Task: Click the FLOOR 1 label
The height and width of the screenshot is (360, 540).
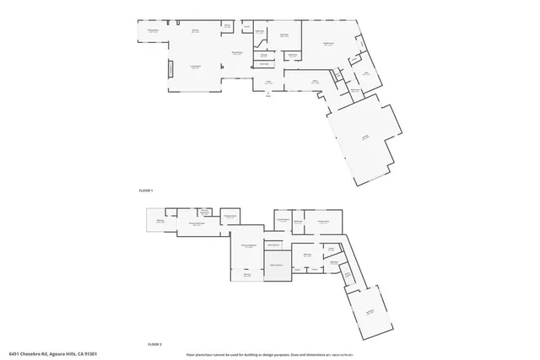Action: pos(146,191)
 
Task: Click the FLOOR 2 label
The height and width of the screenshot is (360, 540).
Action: pos(154,344)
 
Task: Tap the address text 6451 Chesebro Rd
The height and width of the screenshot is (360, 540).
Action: pos(51,354)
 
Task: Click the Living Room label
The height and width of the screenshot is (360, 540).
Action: pos(195,66)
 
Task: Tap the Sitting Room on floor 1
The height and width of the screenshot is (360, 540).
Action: pos(153,30)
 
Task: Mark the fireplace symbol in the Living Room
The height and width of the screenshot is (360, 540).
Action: pos(169,69)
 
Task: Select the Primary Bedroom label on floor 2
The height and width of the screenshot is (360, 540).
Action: pos(247,245)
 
